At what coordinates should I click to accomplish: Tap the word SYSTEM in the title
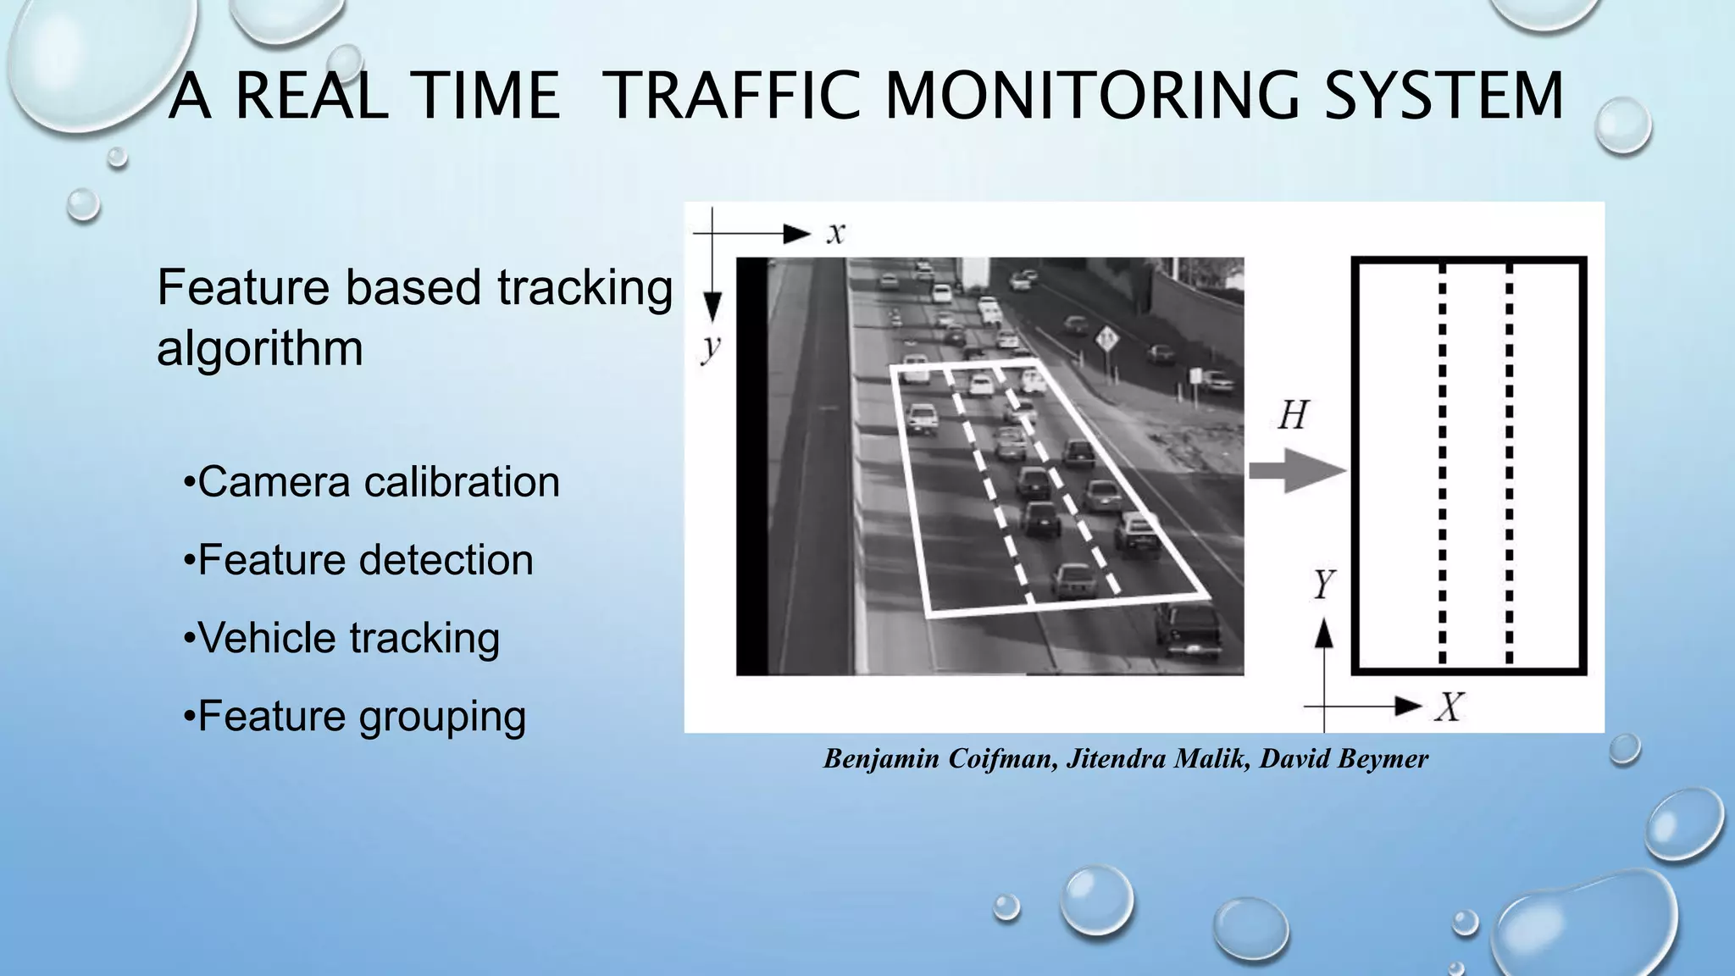coord(1444,95)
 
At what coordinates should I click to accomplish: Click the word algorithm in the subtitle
coord(260,348)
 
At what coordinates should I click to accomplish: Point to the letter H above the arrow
coord(1293,416)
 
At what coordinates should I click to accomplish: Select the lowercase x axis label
coord(835,233)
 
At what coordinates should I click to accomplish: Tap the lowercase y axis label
coord(711,347)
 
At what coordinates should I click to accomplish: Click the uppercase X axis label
coord(1450,706)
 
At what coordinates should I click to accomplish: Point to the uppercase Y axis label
coord(1323,585)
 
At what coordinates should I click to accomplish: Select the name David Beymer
coord(1344,758)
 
